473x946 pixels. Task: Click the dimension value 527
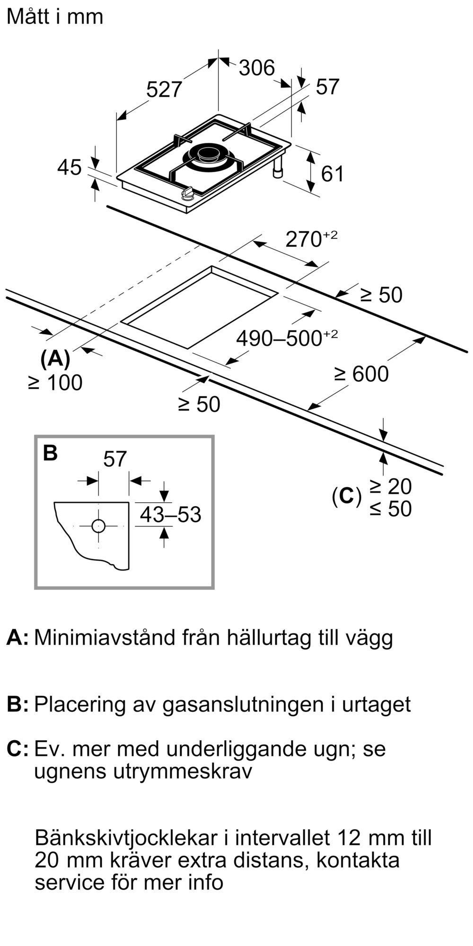click(x=164, y=89)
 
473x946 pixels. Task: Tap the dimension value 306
click(x=256, y=68)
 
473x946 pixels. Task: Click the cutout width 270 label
click(x=311, y=239)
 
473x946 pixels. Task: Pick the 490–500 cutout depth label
click(x=287, y=338)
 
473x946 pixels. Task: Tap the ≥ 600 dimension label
click(x=361, y=374)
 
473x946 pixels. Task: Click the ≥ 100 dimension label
click(x=55, y=383)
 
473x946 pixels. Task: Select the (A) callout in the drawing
click(x=55, y=359)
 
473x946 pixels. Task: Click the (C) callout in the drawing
click(x=346, y=496)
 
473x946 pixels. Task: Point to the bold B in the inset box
click(x=50, y=453)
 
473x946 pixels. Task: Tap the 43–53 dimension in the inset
click(x=170, y=515)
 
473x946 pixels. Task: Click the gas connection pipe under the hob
click(x=277, y=169)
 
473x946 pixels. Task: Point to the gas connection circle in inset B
click(x=98, y=526)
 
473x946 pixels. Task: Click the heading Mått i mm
click(x=55, y=17)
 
